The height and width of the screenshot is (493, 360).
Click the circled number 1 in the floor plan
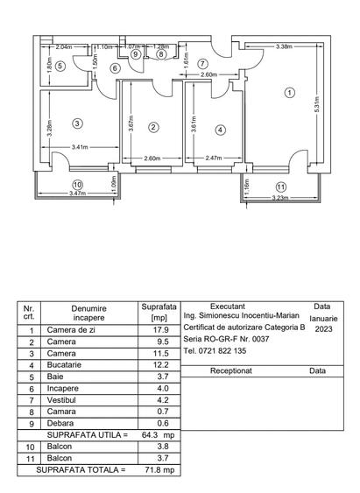coord(289,93)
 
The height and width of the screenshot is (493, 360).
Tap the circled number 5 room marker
coord(60,66)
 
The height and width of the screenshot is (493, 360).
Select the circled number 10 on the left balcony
coord(77,185)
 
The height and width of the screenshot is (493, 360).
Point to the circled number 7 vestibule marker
coord(203,64)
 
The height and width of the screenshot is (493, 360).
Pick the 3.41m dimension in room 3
coord(80,147)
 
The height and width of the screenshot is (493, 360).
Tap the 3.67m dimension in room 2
coord(131,123)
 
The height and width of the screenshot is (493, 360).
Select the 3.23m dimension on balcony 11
coord(280,198)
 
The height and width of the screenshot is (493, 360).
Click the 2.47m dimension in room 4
coord(214,158)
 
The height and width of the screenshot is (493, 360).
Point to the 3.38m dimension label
coord(284,46)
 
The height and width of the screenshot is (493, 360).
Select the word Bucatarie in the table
coord(64,365)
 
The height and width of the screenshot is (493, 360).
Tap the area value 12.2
coord(161,365)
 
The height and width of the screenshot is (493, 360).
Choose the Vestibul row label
coord(61,400)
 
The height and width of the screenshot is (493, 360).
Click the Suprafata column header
coord(159,306)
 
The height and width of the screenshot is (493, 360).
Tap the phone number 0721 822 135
coord(222,351)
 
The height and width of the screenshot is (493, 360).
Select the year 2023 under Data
coord(323,329)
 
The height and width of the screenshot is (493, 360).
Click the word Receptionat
coord(231,370)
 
